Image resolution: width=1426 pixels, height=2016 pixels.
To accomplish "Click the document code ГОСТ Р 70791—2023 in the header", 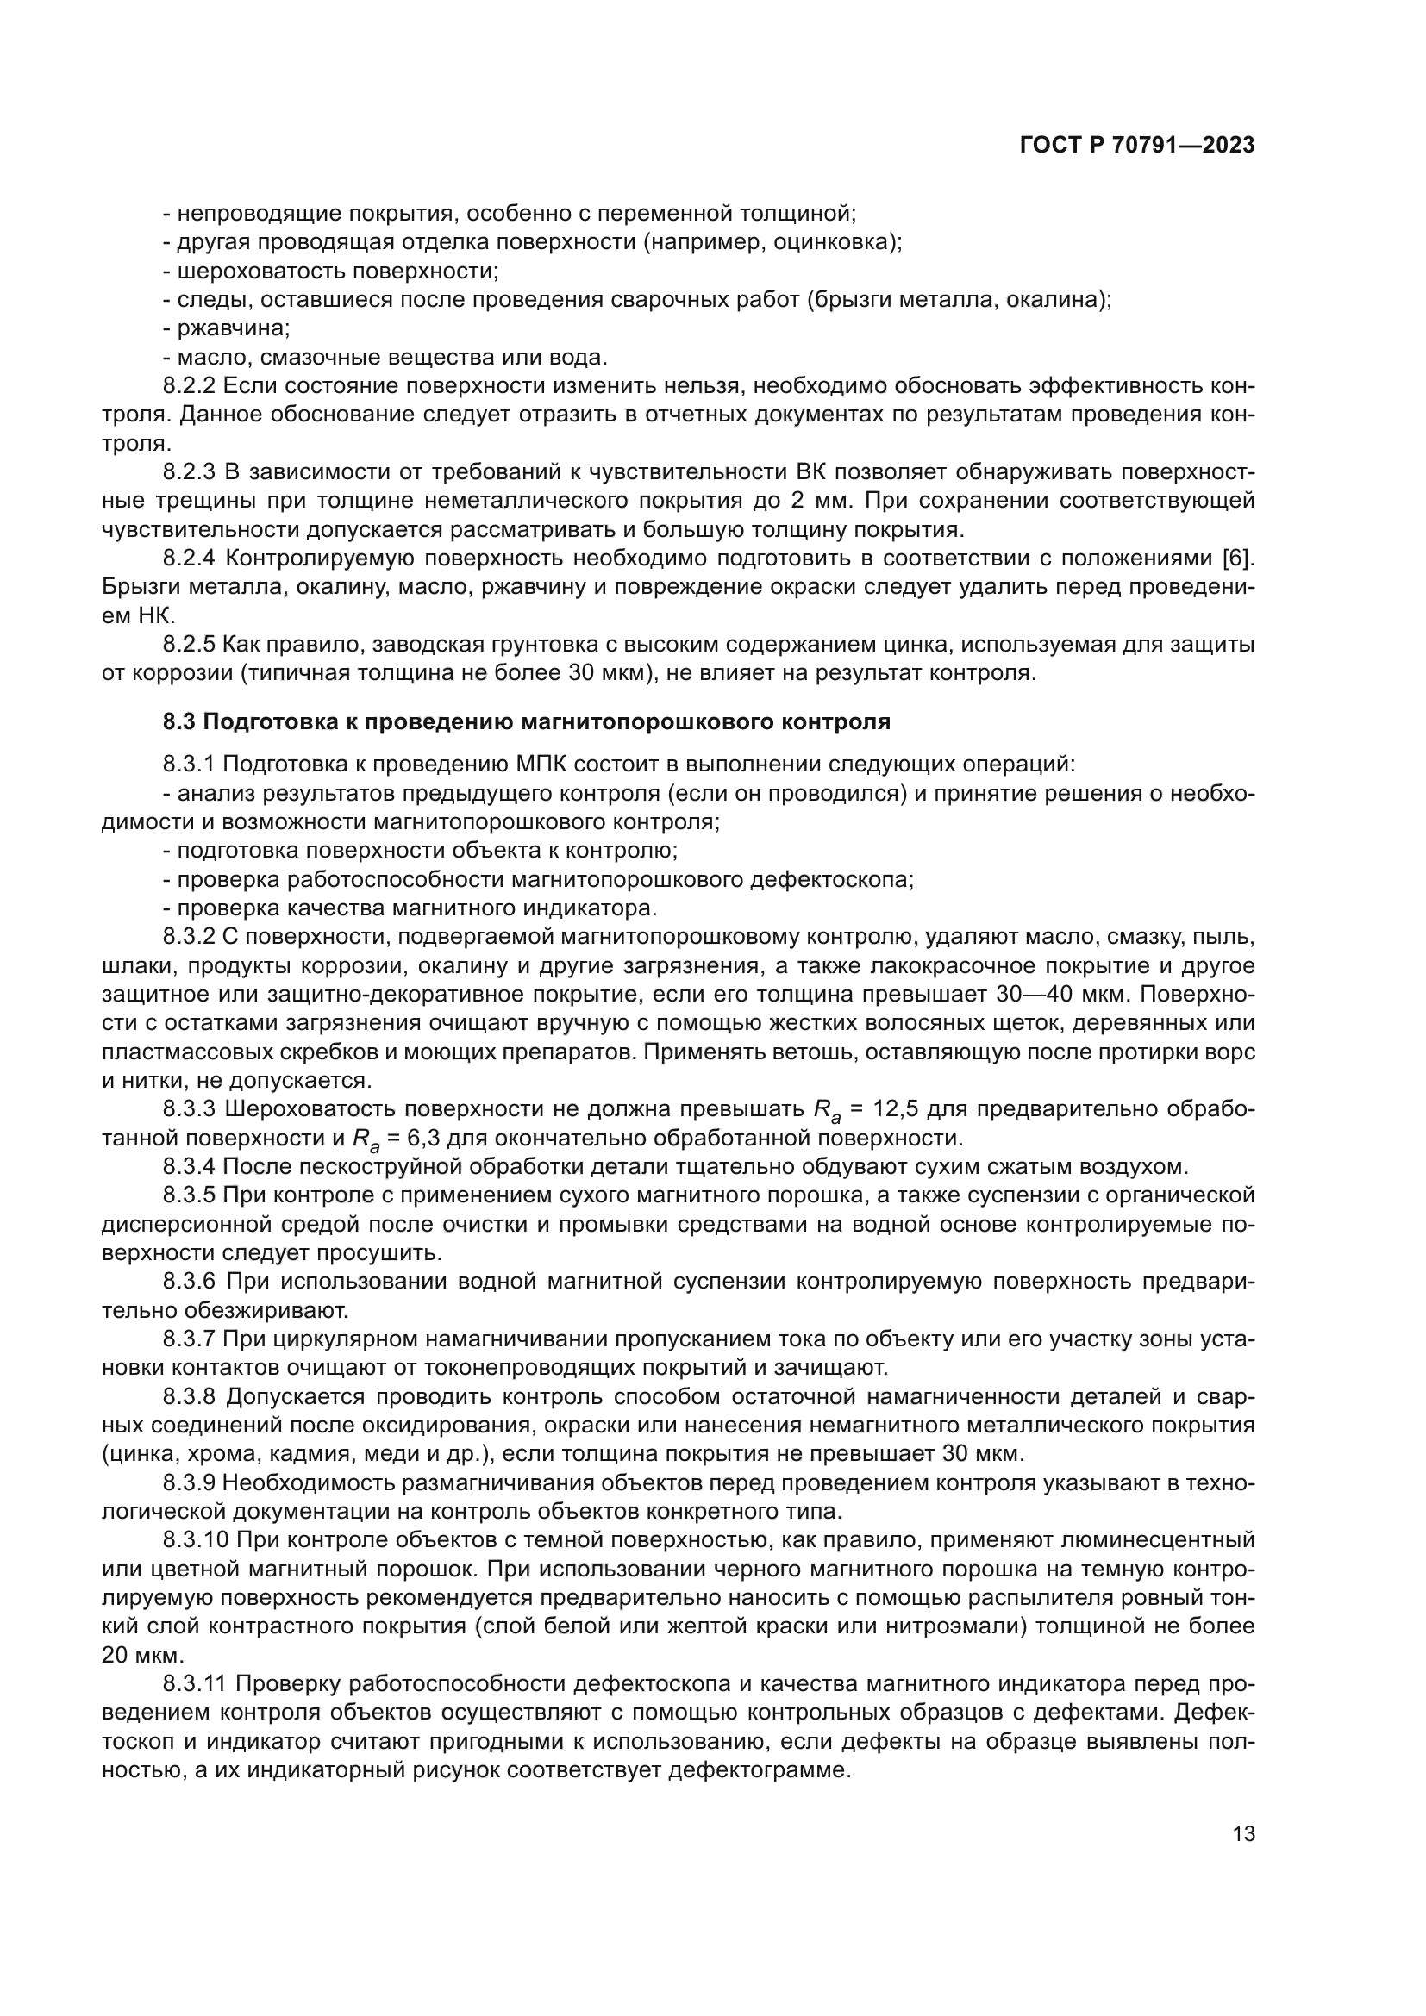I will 1137,146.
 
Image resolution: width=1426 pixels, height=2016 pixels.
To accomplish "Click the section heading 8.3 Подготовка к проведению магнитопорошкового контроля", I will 527,721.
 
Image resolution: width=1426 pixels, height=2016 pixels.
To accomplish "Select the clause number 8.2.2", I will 189,385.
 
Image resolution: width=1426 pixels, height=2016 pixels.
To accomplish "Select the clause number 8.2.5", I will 189,645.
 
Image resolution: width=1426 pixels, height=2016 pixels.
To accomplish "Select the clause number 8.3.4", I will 189,1167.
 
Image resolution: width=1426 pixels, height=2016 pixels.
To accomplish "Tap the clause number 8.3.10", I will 195,1539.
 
